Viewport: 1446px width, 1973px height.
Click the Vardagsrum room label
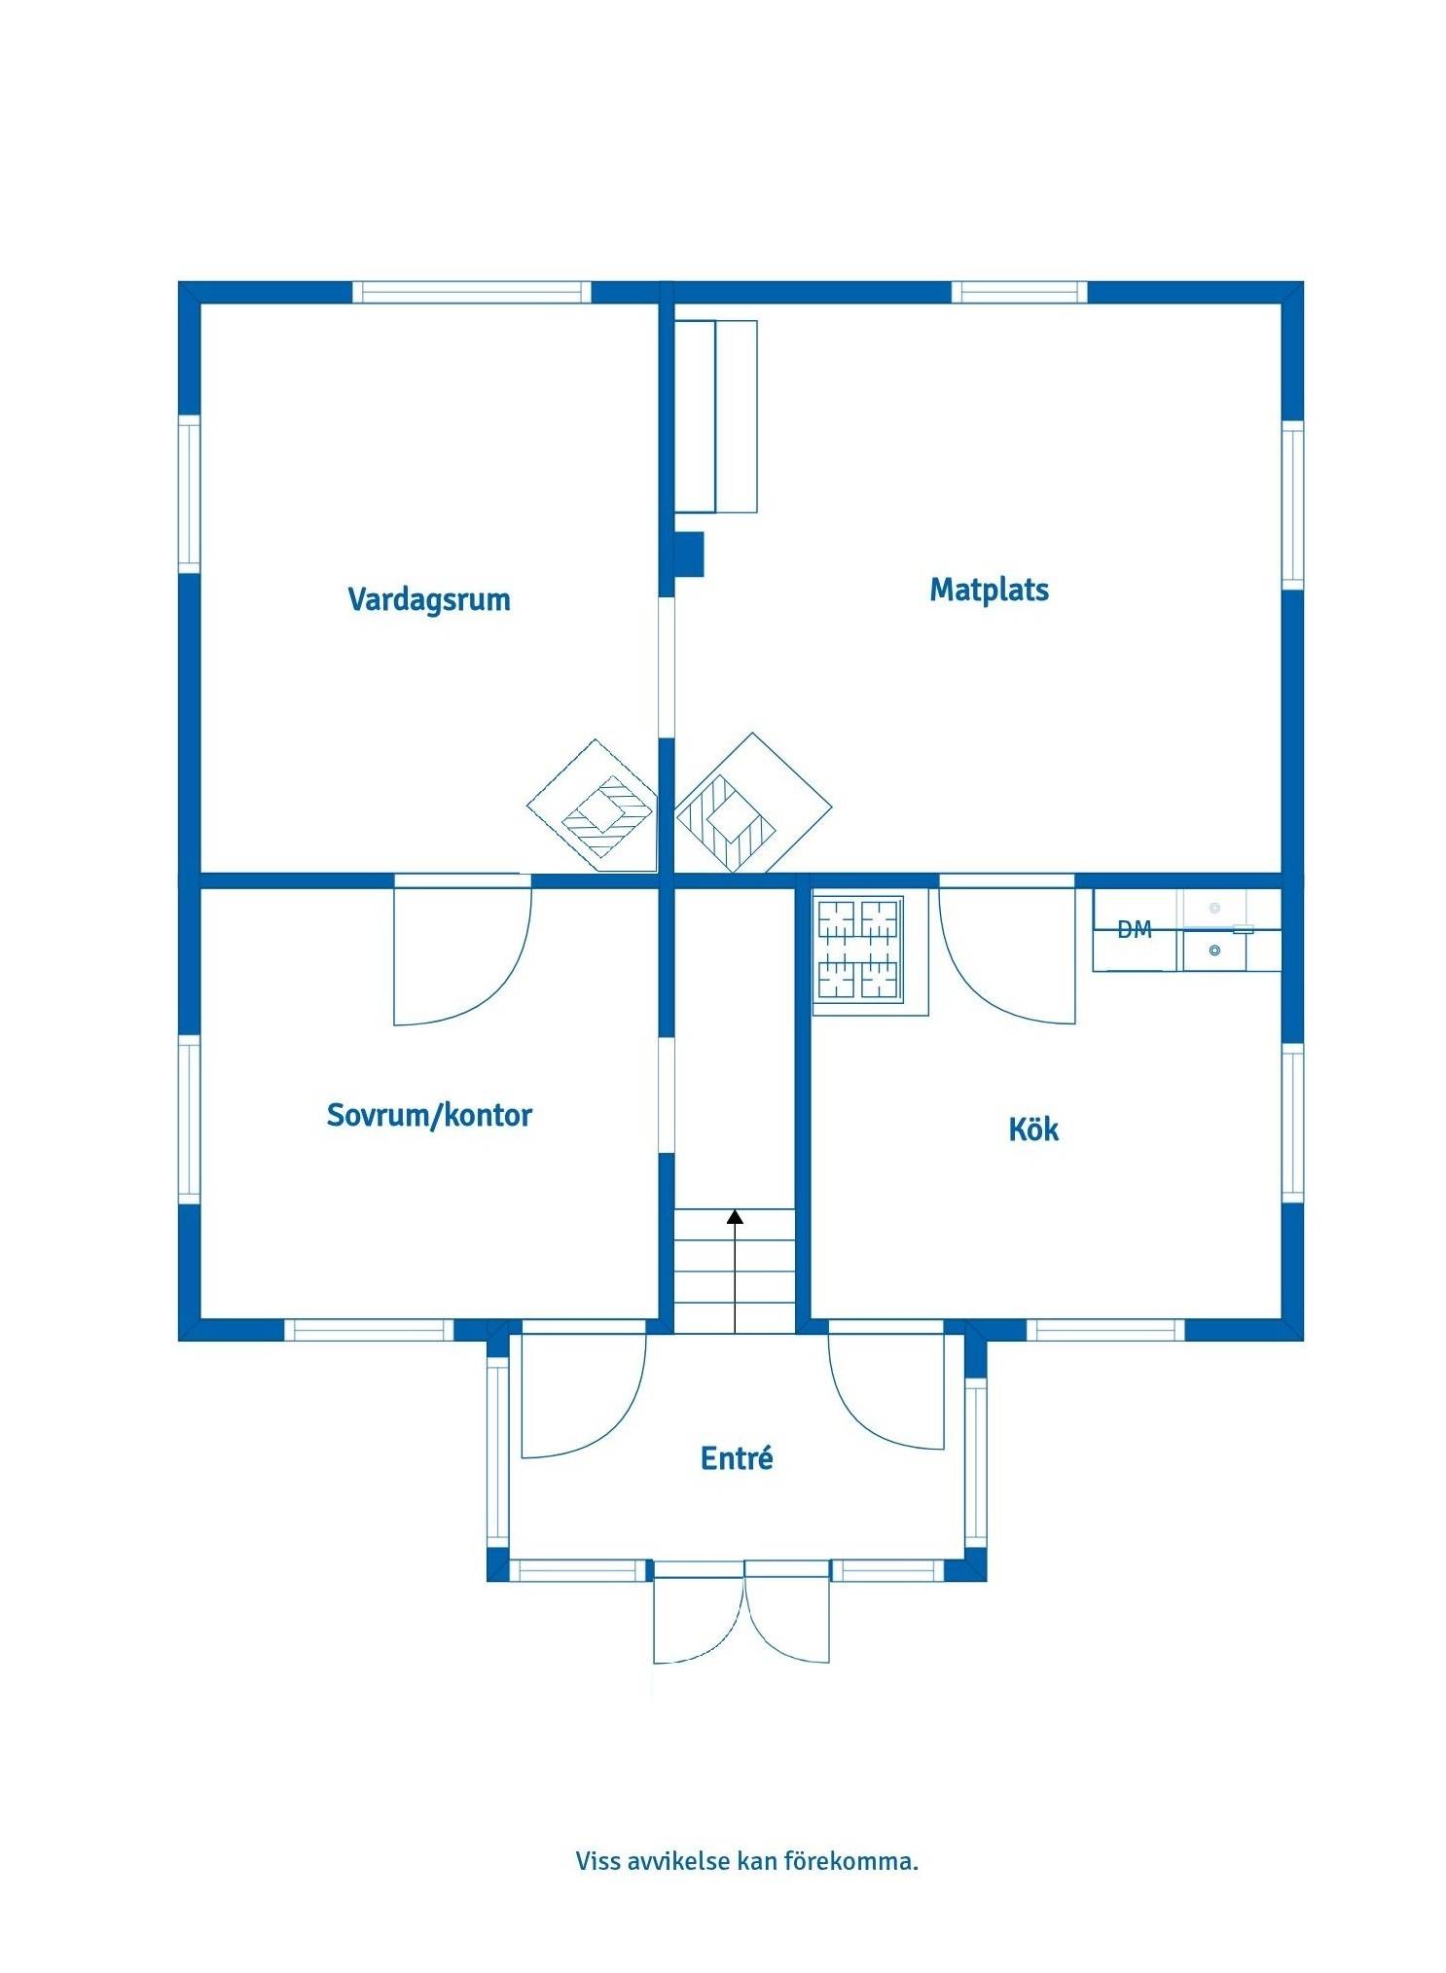coord(428,598)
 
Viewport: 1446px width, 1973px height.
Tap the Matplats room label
coord(989,590)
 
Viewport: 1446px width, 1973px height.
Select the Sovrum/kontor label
coord(429,1114)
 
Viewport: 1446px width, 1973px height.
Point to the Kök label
coord(1033,1129)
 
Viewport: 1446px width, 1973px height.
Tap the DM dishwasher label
coord(1135,929)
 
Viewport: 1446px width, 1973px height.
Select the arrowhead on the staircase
coord(735,1216)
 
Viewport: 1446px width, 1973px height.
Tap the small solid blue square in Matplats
coord(689,554)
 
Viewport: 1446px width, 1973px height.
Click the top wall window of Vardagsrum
coord(471,292)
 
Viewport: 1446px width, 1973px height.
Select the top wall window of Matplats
coord(1019,292)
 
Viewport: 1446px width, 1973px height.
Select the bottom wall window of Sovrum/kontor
coord(369,1330)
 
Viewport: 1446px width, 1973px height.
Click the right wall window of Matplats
coord(1292,504)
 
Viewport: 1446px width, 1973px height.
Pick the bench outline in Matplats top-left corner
coord(716,416)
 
